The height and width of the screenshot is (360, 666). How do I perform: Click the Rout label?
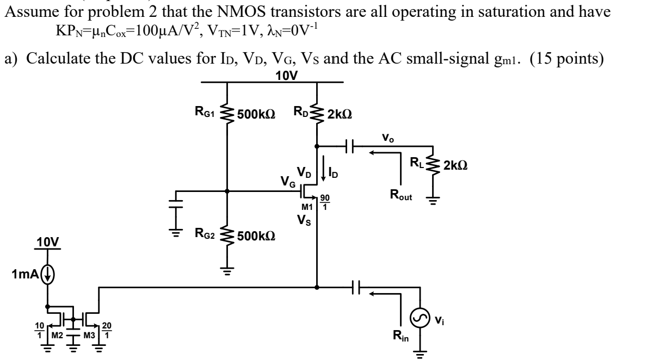coord(400,193)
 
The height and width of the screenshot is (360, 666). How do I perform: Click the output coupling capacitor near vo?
coord(350,146)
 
